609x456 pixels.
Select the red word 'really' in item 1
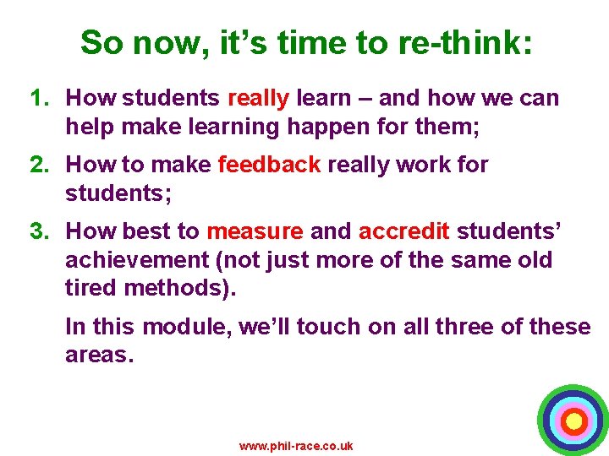[259, 98]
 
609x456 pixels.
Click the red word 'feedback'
[269, 165]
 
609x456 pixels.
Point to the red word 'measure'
[255, 231]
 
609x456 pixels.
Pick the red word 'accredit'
[404, 231]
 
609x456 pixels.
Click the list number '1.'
[42, 98]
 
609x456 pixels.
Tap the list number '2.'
[42, 165]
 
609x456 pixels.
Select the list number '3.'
[42, 231]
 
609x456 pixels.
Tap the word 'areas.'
[100, 355]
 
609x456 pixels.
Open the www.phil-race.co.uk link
[296, 446]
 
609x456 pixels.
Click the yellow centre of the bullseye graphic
[573, 420]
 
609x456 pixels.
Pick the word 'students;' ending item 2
[118, 193]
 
